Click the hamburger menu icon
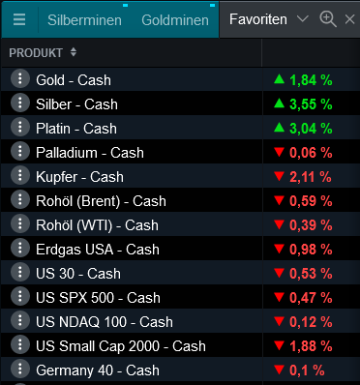(x=18, y=19)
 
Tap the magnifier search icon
(x=327, y=19)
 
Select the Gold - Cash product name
(x=74, y=79)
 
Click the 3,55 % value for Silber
(x=312, y=104)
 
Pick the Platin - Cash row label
(x=75, y=128)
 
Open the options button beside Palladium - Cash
(x=18, y=152)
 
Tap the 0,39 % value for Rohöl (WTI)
(x=312, y=224)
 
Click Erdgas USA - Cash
(x=97, y=249)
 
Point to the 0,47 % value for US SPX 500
(x=312, y=297)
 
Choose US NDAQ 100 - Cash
(x=104, y=321)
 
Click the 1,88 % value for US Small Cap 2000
(x=312, y=345)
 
